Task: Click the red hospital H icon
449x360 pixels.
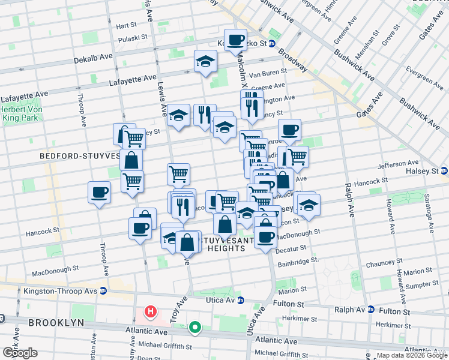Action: tap(151, 313)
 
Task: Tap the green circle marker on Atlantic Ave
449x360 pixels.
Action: tap(195, 328)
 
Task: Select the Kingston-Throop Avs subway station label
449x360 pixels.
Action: tap(60, 291)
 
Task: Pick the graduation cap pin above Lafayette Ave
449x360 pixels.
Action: tap(205, 61)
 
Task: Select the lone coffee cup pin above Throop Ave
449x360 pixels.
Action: tap(99, 193)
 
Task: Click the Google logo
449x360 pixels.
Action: tap(20, 353)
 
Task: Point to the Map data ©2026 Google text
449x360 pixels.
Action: tap(411, 355)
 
